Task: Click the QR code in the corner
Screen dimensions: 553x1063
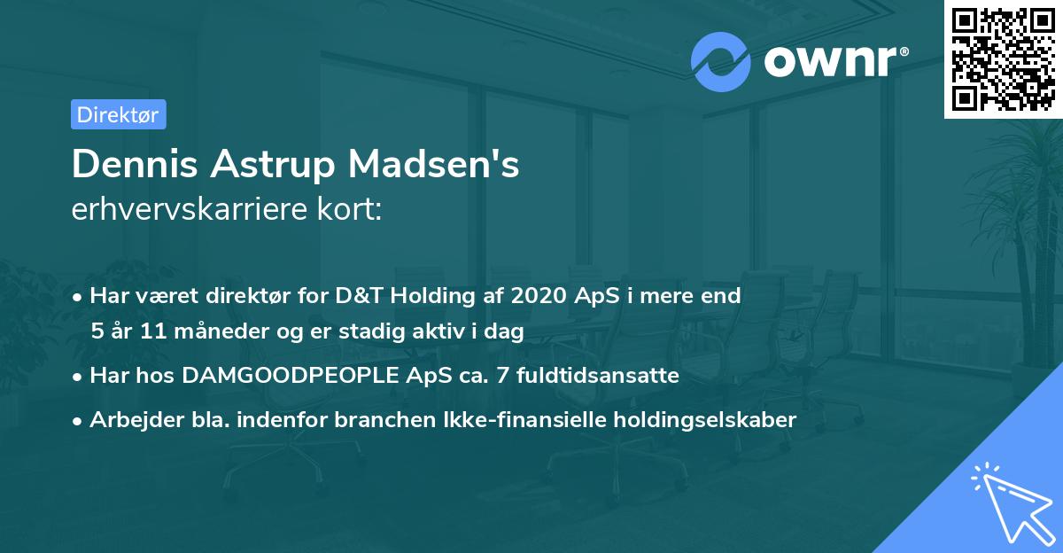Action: [1003, 59]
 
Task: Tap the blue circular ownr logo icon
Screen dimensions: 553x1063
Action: [721, 61]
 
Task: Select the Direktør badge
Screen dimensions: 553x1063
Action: [118, 114]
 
